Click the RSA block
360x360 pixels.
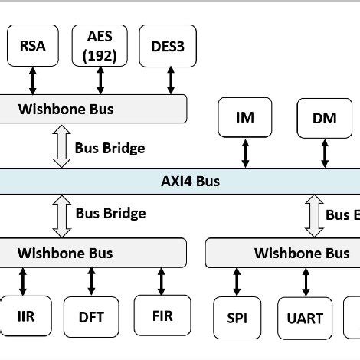[31, 44]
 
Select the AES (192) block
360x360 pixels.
[100, 44]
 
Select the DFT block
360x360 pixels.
[92, 316]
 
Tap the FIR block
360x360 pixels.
[162, 315]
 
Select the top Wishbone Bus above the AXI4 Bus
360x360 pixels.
[92, 109]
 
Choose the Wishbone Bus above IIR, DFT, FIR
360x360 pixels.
[92, 252]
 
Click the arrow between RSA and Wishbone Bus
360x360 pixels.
[32, 80]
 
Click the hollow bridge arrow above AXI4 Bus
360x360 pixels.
[61, 147]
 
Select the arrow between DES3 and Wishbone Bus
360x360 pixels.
[170, 80]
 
